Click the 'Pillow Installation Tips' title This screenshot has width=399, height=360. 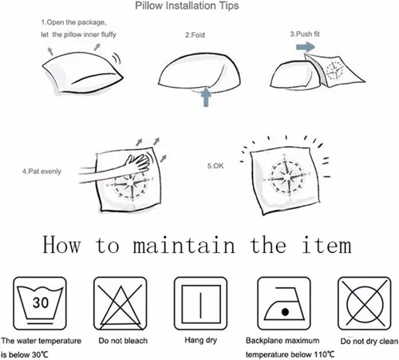[187, 6]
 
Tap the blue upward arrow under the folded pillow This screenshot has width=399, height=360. [206, 97]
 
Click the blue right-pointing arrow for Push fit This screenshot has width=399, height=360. [306, 47]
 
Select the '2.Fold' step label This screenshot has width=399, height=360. [195, 35]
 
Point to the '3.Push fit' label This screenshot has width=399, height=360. [305, 34]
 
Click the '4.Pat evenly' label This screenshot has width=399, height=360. [41, 172]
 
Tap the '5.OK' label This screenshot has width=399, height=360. [215, 166]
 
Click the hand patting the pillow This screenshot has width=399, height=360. [138, 162]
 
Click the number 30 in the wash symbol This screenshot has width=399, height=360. [41, 303]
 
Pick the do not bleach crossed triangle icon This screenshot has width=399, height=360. [120, 303]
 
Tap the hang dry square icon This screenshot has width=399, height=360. [200, 303]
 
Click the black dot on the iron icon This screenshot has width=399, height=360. [285, 312]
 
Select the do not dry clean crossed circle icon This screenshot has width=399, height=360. [364, 303]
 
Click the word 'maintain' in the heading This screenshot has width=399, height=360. [184, 245]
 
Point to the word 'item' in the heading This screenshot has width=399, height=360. [327, 245]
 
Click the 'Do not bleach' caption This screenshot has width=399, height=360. [123, 341]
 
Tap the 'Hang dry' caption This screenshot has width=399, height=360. [201, 340]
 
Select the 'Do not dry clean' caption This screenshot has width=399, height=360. [369, 341]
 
